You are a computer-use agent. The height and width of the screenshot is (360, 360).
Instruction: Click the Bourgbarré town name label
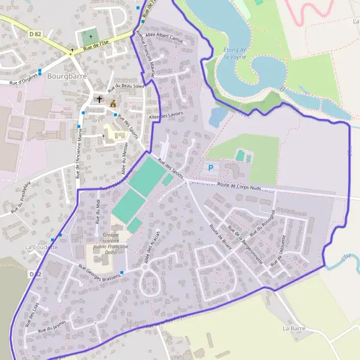(x=63, y=76)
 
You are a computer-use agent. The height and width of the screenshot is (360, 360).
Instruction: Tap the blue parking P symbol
(x=210, y=168)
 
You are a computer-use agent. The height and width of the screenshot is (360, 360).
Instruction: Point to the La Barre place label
(x=294, y=328)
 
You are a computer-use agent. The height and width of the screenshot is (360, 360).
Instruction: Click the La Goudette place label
(x=41, y=247)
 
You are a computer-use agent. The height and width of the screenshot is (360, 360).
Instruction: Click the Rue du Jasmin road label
(x=51, y=326)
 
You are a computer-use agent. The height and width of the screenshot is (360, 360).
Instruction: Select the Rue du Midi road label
(x=98, y=211)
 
